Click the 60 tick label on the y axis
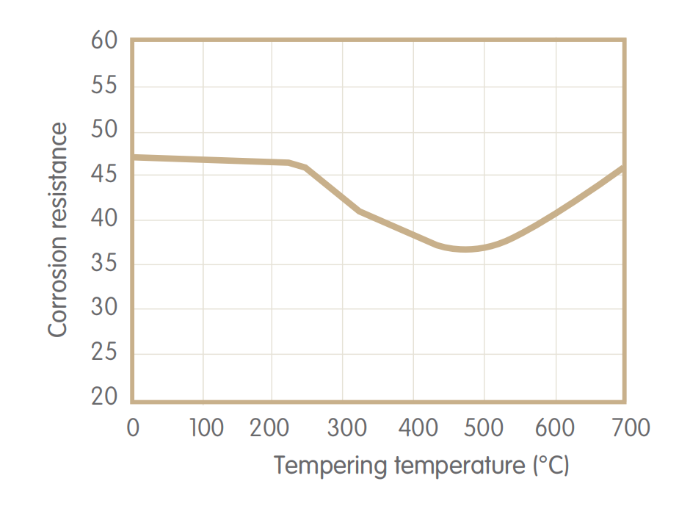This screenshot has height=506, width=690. tap(104, 41)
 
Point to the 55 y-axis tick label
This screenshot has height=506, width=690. tap(104, 86)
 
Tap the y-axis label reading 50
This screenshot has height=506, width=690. tap(104, 131)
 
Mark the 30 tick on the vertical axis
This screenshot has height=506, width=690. tap(104, 308)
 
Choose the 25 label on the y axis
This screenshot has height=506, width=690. tap(104, 353)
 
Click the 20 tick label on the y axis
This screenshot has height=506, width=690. tap(104, 397)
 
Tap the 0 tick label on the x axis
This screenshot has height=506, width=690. tap(133, 428)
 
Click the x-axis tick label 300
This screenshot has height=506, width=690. tap(343, 428)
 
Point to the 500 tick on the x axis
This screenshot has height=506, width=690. tap(484, 428)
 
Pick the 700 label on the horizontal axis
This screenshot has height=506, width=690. tap(625, 428)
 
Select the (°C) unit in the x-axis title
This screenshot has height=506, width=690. tap(550, 466)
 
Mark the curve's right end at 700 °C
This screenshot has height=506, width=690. tap(623, 168)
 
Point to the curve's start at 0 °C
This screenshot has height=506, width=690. tap(134, 157)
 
